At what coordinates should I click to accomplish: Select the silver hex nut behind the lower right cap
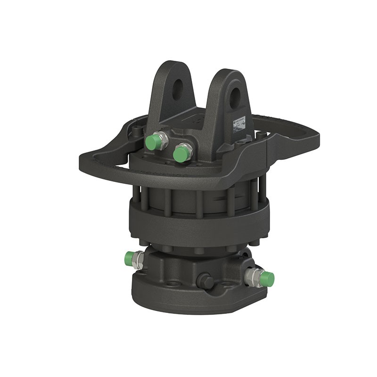[255, 276]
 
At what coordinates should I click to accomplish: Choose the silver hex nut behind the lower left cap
[139, 258]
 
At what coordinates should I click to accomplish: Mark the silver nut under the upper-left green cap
[162, 140]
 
